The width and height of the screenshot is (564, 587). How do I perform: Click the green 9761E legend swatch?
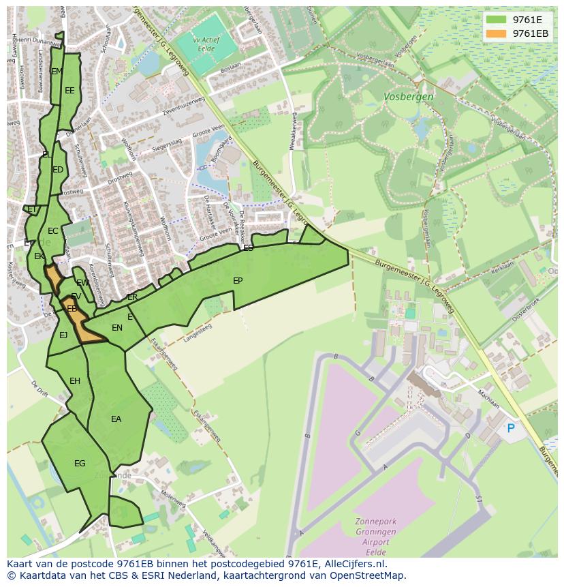[497, 19]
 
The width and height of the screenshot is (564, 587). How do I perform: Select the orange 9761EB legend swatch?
[497, 33]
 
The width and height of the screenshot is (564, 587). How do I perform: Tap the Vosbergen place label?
[408, 97]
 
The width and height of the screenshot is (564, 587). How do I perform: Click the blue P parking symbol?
[511, 428]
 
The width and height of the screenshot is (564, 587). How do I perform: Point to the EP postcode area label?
[238, 281]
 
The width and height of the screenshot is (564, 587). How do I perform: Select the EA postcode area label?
[116, 419]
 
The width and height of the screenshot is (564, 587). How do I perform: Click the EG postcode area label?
[80, 464]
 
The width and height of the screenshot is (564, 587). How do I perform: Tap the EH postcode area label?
[75, 381]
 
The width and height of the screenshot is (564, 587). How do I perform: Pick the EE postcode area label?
[69, 90]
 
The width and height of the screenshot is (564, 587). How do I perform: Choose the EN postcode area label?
[117, 328]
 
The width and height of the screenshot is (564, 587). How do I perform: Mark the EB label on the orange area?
[72, 309]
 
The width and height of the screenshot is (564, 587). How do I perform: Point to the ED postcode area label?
[58, 170]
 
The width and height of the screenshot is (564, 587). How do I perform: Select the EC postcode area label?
[52, 231]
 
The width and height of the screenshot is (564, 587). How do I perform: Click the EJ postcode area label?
[63, 335]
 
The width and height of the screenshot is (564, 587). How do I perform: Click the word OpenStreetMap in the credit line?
[369, 575]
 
